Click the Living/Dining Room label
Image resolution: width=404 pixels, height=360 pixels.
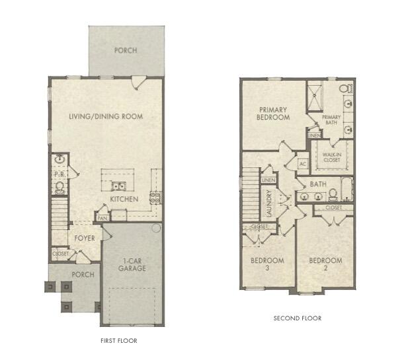point(106,116)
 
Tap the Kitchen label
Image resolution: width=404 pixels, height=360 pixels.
point(124,199)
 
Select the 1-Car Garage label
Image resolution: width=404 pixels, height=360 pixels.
point(132,264)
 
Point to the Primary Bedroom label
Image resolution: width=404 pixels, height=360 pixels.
point(274,113)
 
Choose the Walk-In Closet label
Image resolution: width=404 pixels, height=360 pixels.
point(331,157)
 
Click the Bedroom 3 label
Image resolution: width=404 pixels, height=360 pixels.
point(268,264)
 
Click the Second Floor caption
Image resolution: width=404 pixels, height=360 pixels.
point(298,318)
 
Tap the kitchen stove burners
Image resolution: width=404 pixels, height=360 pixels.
point(156,196)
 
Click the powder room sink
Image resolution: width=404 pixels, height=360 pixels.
point(60,159)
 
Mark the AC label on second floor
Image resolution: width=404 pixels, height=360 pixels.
point(303,163)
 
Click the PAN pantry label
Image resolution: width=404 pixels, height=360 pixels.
point(102,217)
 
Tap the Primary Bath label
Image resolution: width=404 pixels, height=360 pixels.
point(331,120)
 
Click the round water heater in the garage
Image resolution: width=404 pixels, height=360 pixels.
point(156,228)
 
